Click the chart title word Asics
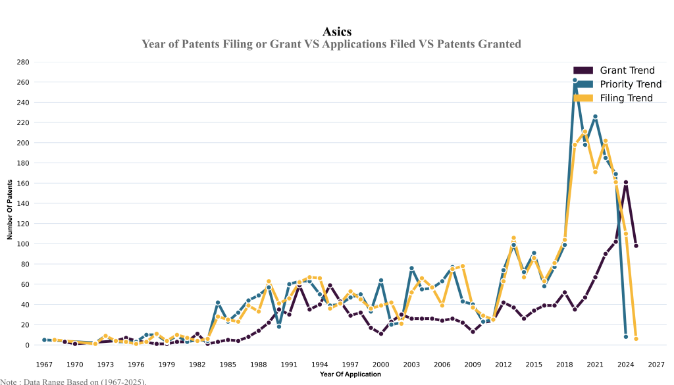[337, 32]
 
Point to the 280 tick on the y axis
[23, 62]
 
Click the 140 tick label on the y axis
[23, 203]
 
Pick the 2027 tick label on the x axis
[656, 364]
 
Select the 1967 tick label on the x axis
[44, 364]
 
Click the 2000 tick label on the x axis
[381, 364]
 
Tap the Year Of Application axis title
[350, 374]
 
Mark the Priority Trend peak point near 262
[575, 80]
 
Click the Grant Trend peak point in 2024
[626, 182]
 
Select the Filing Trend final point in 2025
[636, 339]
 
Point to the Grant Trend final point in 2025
[636, 245]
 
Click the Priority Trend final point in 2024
[626, 337]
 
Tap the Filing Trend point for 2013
[513, 238]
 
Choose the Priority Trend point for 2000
[381, 280]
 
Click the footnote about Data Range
[73, 381]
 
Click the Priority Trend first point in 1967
[44, 340]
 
